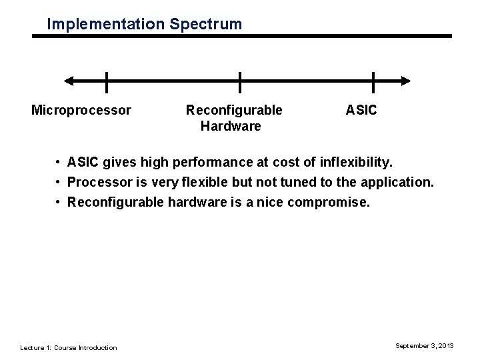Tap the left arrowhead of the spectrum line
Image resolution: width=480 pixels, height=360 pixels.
pyautogui.click(x=69, y=81)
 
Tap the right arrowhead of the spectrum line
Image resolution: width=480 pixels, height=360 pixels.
pyautogui.click(x=405, y=81)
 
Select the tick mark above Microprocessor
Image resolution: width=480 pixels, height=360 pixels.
pyautogui.click(x=107, y=81)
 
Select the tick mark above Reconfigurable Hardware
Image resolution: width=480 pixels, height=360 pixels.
pyautogui.click(x=240, y=81)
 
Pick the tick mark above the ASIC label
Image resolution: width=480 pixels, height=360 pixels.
pyautogui.click(x=373, y=81)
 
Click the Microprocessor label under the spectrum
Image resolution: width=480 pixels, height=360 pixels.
pyautogui.click(x=81, y=109)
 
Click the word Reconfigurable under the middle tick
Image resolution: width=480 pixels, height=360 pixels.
pyautogui.click(x=234, y=109)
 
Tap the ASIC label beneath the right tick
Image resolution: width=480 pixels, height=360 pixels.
pyautogui.click(x=361, y=109)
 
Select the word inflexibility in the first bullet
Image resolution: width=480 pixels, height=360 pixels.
pyautogui.click(x=357, y=163)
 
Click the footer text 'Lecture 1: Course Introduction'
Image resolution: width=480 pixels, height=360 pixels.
pyautogui.click(x=69, y=347)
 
